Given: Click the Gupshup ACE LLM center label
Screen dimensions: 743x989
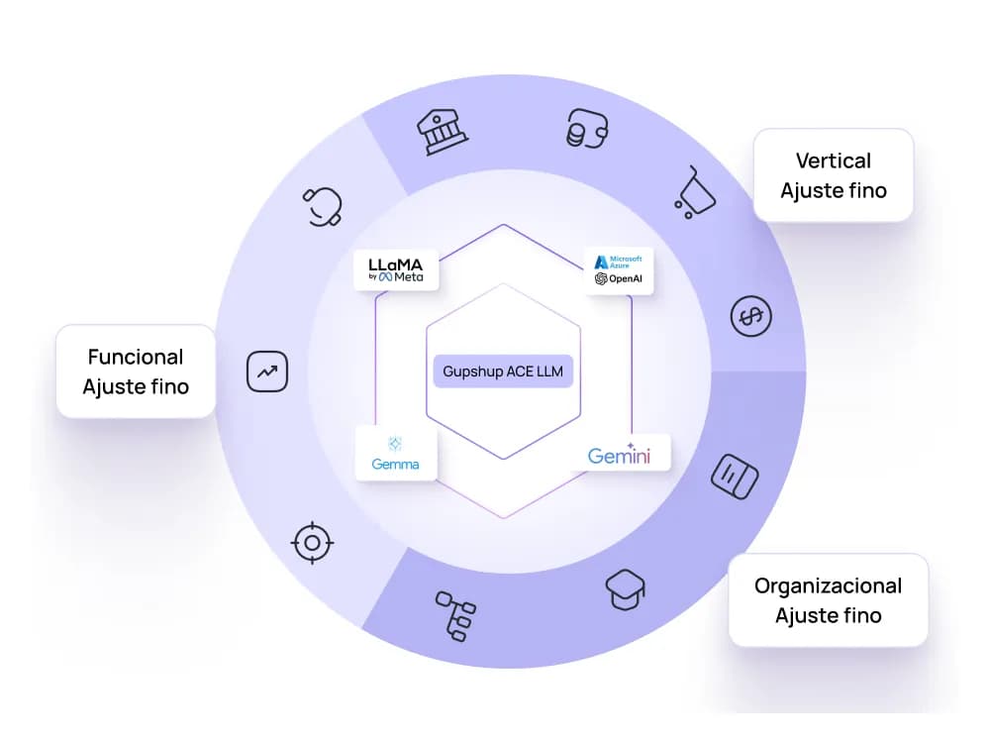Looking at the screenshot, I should (x=503, y=371).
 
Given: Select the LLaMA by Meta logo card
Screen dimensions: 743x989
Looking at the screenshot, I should (x=396, y=269).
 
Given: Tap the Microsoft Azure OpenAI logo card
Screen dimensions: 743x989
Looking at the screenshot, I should (x=619, y=269).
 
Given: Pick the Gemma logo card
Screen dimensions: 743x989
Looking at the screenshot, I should (x=396, y=454).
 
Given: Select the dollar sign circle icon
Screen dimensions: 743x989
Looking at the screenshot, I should (x=751, y=316).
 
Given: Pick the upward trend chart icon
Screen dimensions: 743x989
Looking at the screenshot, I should (x=266, y=371).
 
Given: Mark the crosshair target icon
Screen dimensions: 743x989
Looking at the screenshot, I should (x=312, y=542).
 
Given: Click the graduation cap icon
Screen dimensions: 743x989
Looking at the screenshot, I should (x=626, y=589).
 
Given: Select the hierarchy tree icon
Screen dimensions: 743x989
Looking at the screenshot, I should (x=455, y=615).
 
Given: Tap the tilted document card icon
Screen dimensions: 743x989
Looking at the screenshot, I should (x=735, y=477).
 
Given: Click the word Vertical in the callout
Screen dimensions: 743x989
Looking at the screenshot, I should (x=834, y=160).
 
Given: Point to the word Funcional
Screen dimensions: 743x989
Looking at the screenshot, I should (x=136, y=357).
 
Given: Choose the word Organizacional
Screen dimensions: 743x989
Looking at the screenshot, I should (x=828, y=585).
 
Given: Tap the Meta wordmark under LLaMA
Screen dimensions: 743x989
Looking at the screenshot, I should (x=408, y=277).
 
